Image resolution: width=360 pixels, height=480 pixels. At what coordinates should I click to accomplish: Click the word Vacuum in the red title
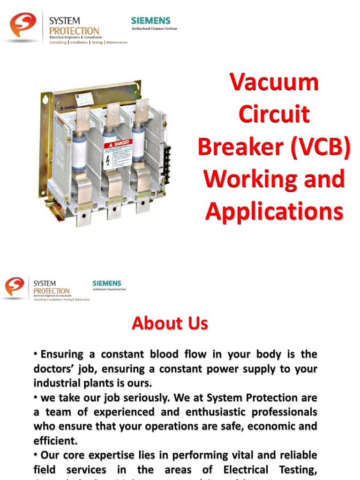tap(274, 83)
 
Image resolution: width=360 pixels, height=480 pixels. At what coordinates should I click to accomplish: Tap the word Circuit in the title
tap(274, 115)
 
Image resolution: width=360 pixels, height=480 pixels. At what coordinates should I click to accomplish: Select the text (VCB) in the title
tap(320, 147)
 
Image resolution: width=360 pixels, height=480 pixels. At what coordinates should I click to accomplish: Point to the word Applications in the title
tap(274, 211)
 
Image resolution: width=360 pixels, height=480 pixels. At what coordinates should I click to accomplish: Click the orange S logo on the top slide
tap(23, 25)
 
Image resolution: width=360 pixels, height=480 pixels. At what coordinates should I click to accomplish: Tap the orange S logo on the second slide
tap(15, 286)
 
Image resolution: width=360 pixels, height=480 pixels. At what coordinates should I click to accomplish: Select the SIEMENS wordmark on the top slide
tap(150, 21)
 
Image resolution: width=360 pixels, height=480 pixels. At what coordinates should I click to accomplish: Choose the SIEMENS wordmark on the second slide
tap(107, 283)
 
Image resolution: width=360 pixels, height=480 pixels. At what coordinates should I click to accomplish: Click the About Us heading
tap(170, 323)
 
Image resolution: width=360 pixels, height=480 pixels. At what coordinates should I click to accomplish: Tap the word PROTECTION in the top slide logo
tap(74, 31)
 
